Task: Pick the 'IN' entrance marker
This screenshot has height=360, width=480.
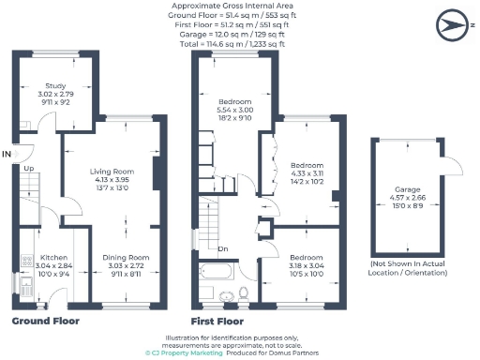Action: pos(7,153)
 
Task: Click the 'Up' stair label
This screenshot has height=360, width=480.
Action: pos(29,169)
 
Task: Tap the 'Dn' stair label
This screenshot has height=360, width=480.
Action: pos(223,248)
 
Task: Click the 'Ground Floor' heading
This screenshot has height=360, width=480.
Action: pos(45,322)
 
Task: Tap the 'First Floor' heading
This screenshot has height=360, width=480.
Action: pos(217,322)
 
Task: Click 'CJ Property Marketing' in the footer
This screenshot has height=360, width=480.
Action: pos(187,352)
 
